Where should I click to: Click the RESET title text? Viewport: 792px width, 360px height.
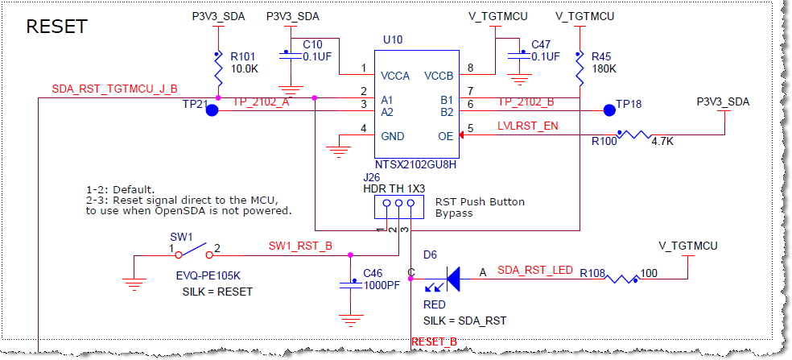click(x=56, y=27)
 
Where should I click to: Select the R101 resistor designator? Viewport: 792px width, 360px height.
click(x=243, y=57)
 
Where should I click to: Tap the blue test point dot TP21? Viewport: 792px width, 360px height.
click(x=212, y=110)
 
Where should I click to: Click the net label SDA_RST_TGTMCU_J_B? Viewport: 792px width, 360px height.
click(x=114, y=89)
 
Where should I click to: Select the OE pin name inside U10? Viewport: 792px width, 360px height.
click(x=446, y=136)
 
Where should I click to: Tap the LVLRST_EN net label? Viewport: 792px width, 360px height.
click(x=527, y=126)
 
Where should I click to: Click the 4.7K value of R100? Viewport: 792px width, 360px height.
click(x=662, y=141)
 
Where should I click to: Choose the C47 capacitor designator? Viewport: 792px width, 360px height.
click(x=541, y=44)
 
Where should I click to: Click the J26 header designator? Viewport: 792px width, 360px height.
click(x=371, y=176)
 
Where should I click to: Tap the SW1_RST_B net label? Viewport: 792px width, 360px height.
click(x=300, y=246)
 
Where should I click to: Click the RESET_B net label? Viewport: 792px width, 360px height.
click(x=434, y=342)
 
